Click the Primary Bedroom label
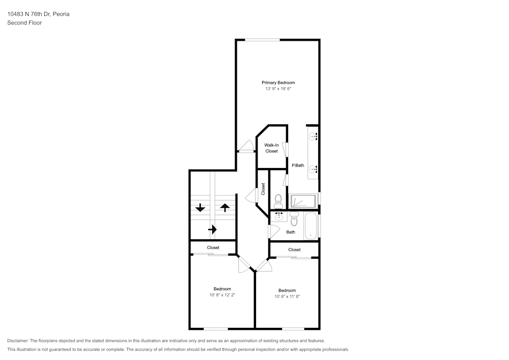[278, 82]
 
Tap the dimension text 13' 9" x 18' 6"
[278, 89]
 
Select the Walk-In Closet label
[271, 148]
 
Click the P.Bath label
[298, 165]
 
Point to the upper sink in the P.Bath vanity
[313, 136]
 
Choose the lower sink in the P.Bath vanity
[313, 169]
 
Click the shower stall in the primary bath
[303, 201]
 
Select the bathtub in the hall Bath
[311, 226]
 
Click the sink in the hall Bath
[278, 217]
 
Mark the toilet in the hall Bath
[294, 219]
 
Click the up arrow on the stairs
[225, 207]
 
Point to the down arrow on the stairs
[200, 207]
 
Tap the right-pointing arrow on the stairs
[212, 230]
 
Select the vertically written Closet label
[263, 189]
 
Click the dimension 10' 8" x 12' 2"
[222, 295]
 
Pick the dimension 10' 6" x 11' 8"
[287, 296]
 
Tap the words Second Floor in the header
[24, 23]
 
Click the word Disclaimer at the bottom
[18, 341]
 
